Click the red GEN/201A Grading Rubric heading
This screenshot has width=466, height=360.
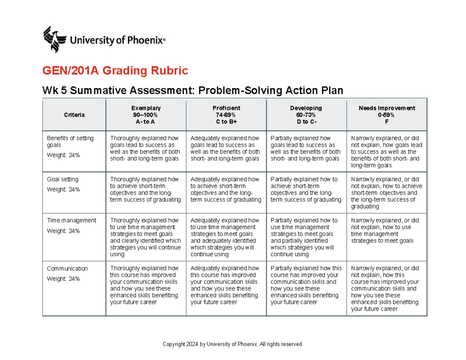click(x=115, y=71)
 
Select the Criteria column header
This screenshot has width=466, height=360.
click(x=74, y=115)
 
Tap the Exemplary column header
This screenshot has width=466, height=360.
click(x=146, y=115)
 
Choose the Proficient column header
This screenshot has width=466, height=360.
click(x=226, y=115)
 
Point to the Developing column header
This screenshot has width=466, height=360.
click(x=306, y=115)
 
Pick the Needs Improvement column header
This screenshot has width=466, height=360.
click(x=387, y=115)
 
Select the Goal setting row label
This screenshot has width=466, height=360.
click(x=63, y=179)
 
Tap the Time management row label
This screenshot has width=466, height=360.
click(x=71, y=220)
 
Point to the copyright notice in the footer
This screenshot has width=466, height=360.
click(x=233, y=344)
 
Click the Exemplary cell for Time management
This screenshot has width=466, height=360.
click(x=145, y=237)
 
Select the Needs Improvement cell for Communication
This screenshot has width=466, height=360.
click(x=387, y=289)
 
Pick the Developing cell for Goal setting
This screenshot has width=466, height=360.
click(x=306, y=190)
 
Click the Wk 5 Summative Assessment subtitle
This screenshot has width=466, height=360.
click(x=193, y=90)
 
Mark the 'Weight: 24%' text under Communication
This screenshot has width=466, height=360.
click(x=63, y=278)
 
